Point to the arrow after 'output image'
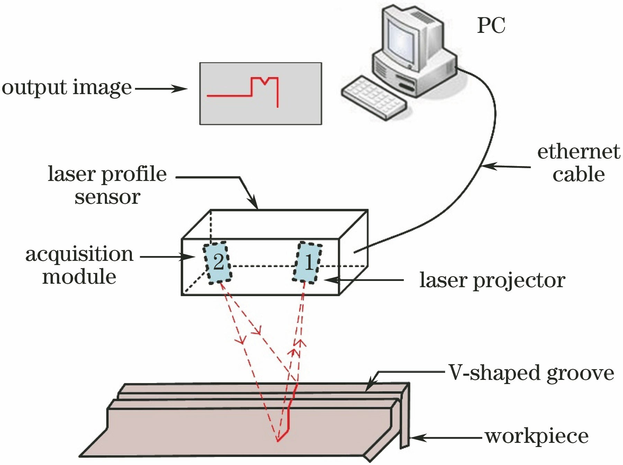tap(161, 89)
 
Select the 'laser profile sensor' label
tap(107, 185)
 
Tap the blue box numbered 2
tap(217, 263)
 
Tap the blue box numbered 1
tap(308, 263)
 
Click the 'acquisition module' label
tap(79, 265)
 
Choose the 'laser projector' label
tap(492, 280)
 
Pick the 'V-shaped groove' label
tap(531, 373)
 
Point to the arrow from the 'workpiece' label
tap(446, 438)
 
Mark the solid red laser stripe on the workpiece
tap(288, 415)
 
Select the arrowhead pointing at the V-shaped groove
tap(370, 387)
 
